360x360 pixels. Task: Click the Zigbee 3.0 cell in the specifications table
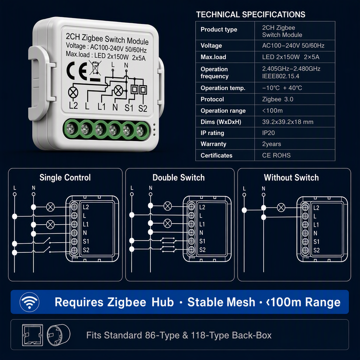(x=277, y=99)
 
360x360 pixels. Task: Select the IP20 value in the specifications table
(x=268, y=133)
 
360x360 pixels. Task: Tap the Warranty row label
(x=213, y=144)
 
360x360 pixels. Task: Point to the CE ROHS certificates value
(x=276, y=155)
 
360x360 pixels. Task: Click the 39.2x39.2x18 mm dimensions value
(x=288, y=122)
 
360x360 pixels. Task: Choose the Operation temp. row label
(x=223, y=88)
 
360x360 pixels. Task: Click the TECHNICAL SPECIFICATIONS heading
(x=250, y=15)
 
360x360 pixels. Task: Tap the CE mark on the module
(x=76, y=70)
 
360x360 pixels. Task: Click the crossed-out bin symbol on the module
(x=95, y=68)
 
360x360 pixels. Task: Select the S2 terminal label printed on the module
(x=142, y=108)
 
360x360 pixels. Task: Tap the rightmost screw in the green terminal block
(x=141, y=131)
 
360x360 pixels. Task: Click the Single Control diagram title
(x=65, y=177)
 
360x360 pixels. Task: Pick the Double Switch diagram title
(x=178, y=177)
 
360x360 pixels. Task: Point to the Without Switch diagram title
(x=291, y=177)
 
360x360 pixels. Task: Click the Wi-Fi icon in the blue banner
(x=29, y=302)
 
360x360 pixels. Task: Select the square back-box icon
(x=32, y=335)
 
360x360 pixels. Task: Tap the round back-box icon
(x=58, y=335)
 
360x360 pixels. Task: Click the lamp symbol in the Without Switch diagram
(x=281, y=207)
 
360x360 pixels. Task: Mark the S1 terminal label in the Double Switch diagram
(x=202, y=241)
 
